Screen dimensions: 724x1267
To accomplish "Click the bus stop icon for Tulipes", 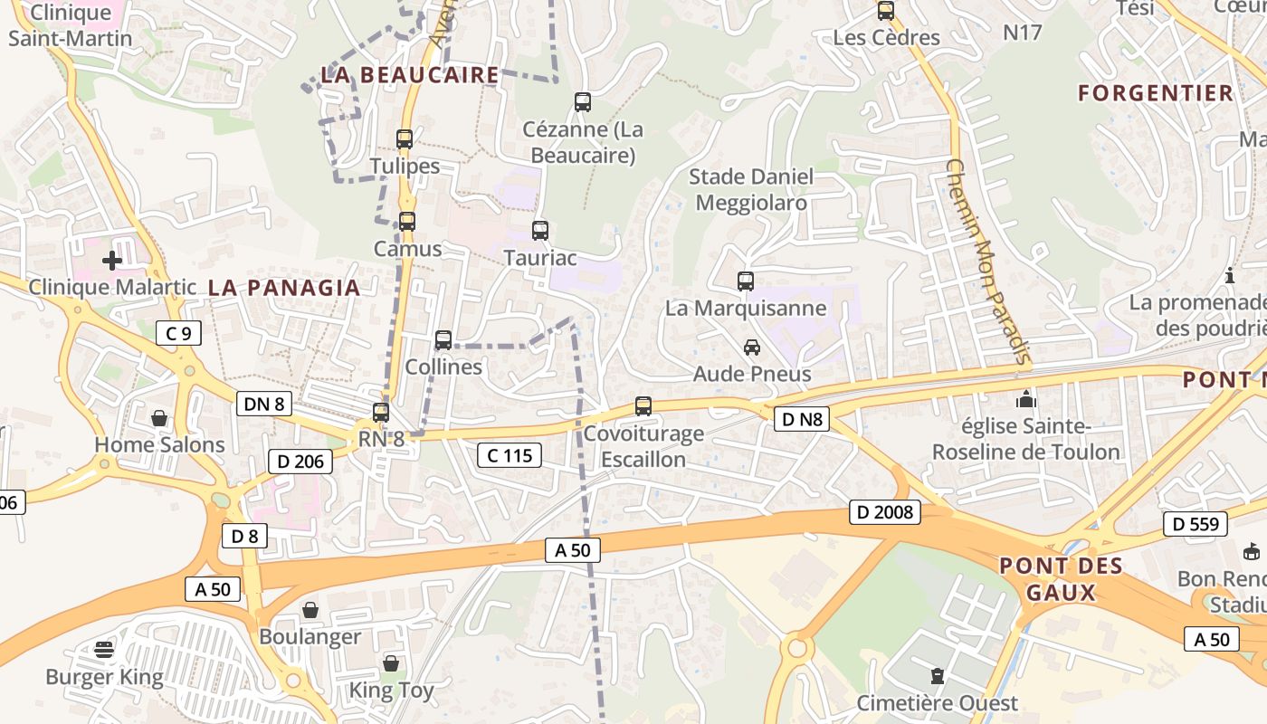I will coord(405,139).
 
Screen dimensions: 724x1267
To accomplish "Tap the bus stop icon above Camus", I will coord(407,221).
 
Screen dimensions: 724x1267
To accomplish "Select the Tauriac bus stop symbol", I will coord(540,231).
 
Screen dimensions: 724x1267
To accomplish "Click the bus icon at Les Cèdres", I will coord(886,11).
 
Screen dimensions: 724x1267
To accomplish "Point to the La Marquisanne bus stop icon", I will coord(746,281).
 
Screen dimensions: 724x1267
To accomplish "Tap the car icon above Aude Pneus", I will coord(752,347).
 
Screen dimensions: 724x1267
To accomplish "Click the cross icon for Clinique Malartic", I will coord(112,261).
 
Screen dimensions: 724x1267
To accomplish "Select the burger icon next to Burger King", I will coord(104,650).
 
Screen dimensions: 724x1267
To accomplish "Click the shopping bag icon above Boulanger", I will coord(310,610).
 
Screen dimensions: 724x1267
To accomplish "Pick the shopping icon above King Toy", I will coord(391,663).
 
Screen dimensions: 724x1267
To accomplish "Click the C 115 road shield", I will coord(510,455).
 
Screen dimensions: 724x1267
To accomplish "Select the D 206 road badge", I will coord(300,462).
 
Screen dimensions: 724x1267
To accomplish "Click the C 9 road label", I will coord(178,333).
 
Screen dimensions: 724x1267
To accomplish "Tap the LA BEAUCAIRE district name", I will coord(410,75).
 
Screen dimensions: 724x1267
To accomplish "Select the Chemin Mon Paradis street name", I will coord(988,262).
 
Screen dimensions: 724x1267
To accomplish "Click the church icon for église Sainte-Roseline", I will coord(1025,398).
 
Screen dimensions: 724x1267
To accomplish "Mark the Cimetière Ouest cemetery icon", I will coord(938,676).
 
